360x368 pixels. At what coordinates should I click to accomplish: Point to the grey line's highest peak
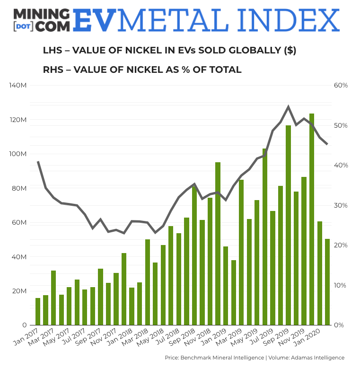288,107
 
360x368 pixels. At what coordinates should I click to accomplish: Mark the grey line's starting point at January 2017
38,162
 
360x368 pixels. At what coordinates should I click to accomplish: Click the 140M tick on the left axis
18,86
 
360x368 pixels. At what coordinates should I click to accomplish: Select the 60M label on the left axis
19,223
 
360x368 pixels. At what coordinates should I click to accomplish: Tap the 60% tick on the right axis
341,86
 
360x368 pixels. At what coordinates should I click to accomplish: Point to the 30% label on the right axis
341,205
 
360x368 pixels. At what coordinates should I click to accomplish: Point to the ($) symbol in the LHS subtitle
290,51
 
